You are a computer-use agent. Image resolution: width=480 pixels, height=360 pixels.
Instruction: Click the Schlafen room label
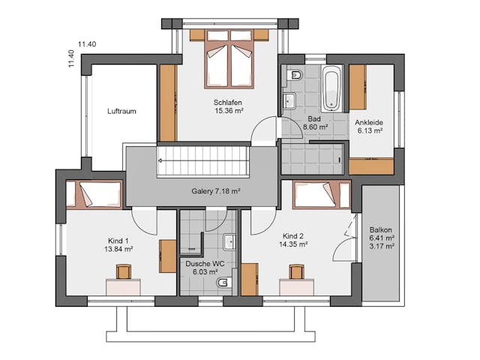click(x=228, y=103)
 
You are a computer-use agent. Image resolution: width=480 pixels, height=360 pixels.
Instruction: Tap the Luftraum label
click(x=121, y=111)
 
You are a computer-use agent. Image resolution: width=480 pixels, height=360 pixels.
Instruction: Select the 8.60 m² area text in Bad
click(x=315, y=127)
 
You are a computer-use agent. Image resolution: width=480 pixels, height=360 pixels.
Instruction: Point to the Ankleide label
click(x=369, y=122)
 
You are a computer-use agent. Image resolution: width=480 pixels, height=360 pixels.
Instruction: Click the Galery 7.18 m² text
click(x=216, y=191)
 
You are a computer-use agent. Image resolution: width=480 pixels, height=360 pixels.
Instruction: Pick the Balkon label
click(x=380, y=230)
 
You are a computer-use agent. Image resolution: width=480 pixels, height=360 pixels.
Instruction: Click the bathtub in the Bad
click(x=331, y=88)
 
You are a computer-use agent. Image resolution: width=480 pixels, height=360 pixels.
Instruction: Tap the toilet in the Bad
click(x=295, y=75)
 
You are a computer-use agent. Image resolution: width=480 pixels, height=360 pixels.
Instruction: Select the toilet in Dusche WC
click(x=225, y=282)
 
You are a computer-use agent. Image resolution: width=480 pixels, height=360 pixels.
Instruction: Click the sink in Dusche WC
click(x=229, y=242)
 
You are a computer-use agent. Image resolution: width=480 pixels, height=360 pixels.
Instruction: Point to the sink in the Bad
click(x=289, y=100)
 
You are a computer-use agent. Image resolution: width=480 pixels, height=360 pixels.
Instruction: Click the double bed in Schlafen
click(x=229, y=59)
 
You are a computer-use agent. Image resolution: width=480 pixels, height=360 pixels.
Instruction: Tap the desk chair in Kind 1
click(x=124, y=271)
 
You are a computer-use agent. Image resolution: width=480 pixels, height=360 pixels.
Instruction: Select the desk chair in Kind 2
click(x=297, y=272)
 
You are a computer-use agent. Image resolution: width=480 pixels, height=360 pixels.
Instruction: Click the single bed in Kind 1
click(x=94, y=194)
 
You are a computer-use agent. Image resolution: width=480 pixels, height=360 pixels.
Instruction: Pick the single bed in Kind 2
click(x=322, y=195)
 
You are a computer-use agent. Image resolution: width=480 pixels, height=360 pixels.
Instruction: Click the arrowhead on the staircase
click(x=160, y=160)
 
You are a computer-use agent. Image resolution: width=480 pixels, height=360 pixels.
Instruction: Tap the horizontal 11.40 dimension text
click(x=87, y=44)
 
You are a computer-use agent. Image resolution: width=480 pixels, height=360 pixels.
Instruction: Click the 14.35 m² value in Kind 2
click(x=293, y=244)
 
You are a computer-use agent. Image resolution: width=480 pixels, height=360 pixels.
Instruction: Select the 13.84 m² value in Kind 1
click(x=118, y=249)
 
